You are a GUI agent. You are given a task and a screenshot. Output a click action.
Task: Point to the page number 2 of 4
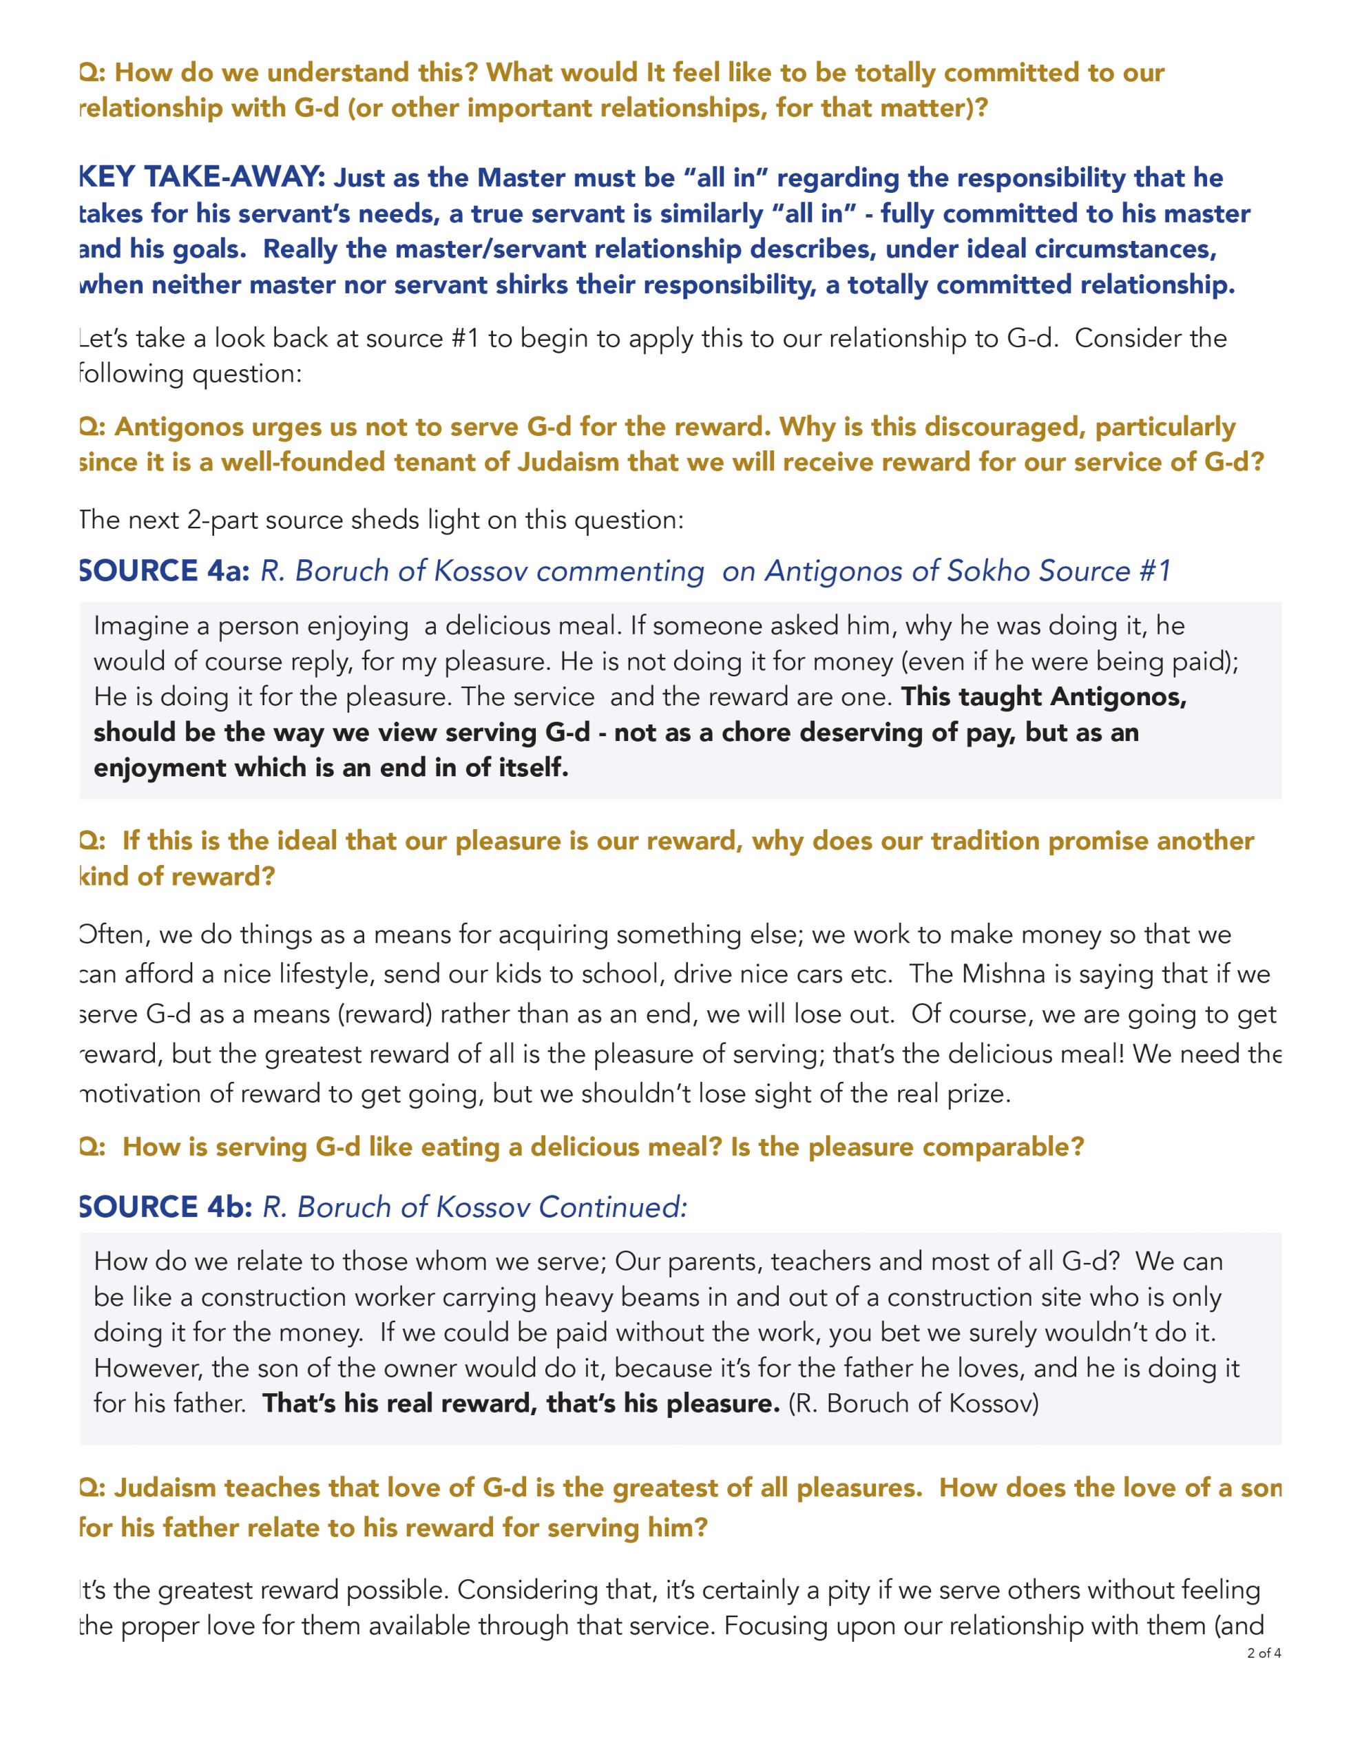coord(1264,1654)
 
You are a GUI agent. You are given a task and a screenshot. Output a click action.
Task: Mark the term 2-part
coord(222,520)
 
